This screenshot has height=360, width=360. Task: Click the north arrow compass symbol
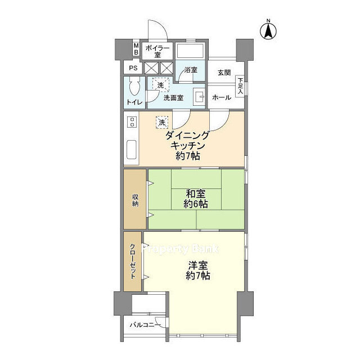(x=268, y=30)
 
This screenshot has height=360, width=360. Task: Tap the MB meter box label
(x=136, y=49)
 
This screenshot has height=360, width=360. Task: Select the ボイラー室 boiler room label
(x=157, y=51)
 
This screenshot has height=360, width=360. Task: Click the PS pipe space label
(x=133, y=68)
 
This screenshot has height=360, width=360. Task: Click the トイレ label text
(x=135, y=102)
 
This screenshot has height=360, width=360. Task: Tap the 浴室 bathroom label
(x=191, y=70)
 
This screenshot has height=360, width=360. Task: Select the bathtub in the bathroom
(x=190, y=51)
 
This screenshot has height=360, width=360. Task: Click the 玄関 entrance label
(x=224, y=73)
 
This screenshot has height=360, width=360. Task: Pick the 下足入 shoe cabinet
(x=240, y=86)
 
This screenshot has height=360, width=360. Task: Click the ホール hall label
(x=222, y=97)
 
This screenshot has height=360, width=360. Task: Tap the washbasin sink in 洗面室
(x=199, y=97)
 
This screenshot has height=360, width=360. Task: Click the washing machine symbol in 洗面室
(x=161, y=85)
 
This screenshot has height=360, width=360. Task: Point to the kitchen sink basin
(x=132, y=150)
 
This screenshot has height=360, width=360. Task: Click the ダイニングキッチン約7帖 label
(x=187, y=146)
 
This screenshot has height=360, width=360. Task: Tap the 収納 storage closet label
(x=135, y=200)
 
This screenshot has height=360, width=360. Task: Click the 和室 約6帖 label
(x=196, y=199)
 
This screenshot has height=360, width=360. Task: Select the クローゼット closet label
(x=133, y=261)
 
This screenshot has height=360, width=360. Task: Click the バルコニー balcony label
(x=145, y=325)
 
